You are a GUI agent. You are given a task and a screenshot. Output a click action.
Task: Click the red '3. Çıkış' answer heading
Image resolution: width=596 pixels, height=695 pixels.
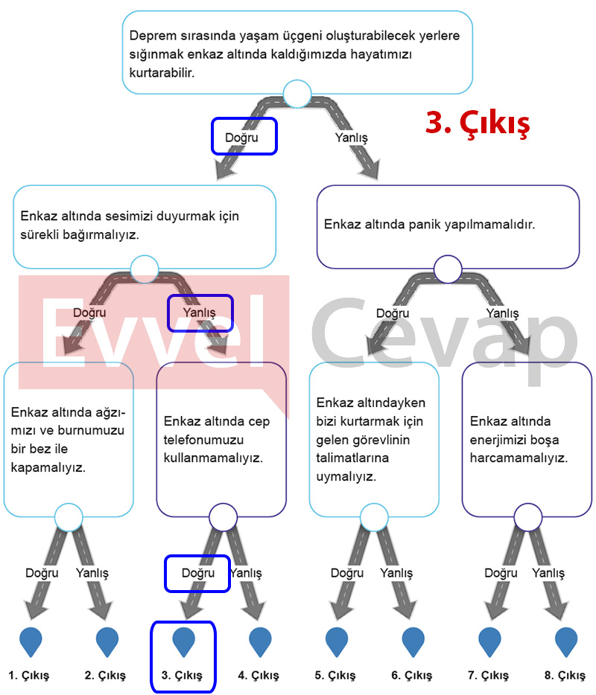click(x=478, y=124)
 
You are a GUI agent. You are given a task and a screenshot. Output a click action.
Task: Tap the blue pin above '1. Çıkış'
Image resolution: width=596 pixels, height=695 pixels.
click(x=31, y=641)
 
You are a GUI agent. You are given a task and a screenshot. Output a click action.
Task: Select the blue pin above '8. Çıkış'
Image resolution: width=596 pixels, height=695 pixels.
click(x=566, y=641)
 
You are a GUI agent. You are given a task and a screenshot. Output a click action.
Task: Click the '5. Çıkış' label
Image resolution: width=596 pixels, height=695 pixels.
click(x=335, y=675)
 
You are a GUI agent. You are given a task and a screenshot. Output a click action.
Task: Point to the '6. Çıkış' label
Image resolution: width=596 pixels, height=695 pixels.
click(x=411, y=675)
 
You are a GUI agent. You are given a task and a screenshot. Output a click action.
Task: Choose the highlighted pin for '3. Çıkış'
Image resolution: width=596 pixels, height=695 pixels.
click(x=183, y=641)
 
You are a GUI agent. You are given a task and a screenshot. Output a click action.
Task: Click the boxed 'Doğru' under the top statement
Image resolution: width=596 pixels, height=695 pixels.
click(x=241, y=138)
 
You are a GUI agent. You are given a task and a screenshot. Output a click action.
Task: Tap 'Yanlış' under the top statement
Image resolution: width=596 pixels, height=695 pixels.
click(x=351, y=138)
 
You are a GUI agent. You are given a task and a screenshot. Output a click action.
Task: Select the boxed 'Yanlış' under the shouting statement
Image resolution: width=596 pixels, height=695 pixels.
click(x=199, y=313)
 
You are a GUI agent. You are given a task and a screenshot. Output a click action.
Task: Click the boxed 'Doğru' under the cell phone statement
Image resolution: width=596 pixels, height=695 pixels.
click(x=198, y=573)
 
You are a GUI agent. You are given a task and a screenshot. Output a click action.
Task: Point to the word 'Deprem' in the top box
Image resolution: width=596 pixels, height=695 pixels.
click(x=149, y=36)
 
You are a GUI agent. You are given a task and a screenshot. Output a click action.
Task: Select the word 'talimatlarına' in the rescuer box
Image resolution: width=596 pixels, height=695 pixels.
click(x=352, y=458)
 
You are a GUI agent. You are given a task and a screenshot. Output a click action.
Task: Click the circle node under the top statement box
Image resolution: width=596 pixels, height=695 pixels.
click(x=297, y=94)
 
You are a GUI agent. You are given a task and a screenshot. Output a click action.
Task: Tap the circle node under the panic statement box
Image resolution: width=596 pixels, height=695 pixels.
click(x=448, y=269)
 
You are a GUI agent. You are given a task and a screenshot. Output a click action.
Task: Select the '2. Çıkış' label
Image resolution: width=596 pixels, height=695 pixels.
click(x=105, y=675)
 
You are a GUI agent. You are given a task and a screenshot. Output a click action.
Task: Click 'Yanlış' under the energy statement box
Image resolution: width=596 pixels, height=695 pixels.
click(x=548, y=573)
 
